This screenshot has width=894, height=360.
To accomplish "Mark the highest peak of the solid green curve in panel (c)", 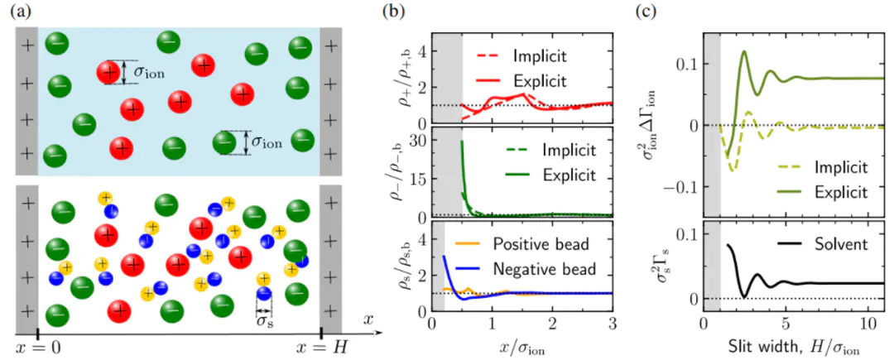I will click(x=744, y=51).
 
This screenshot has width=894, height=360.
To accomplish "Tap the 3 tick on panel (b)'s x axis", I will click(x=613, y=322).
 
